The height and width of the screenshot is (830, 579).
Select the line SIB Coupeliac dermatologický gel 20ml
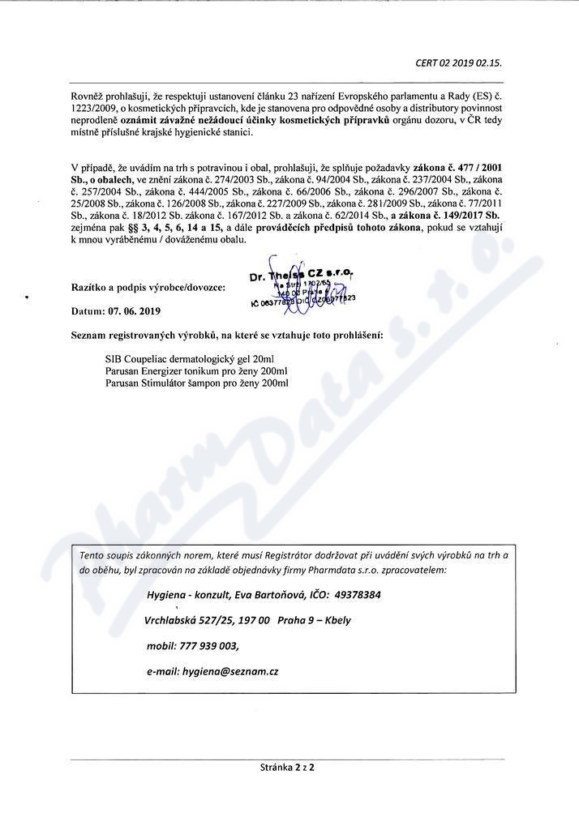click(x=183, y=357)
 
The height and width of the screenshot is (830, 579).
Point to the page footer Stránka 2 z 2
click(x=287, y=766)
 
